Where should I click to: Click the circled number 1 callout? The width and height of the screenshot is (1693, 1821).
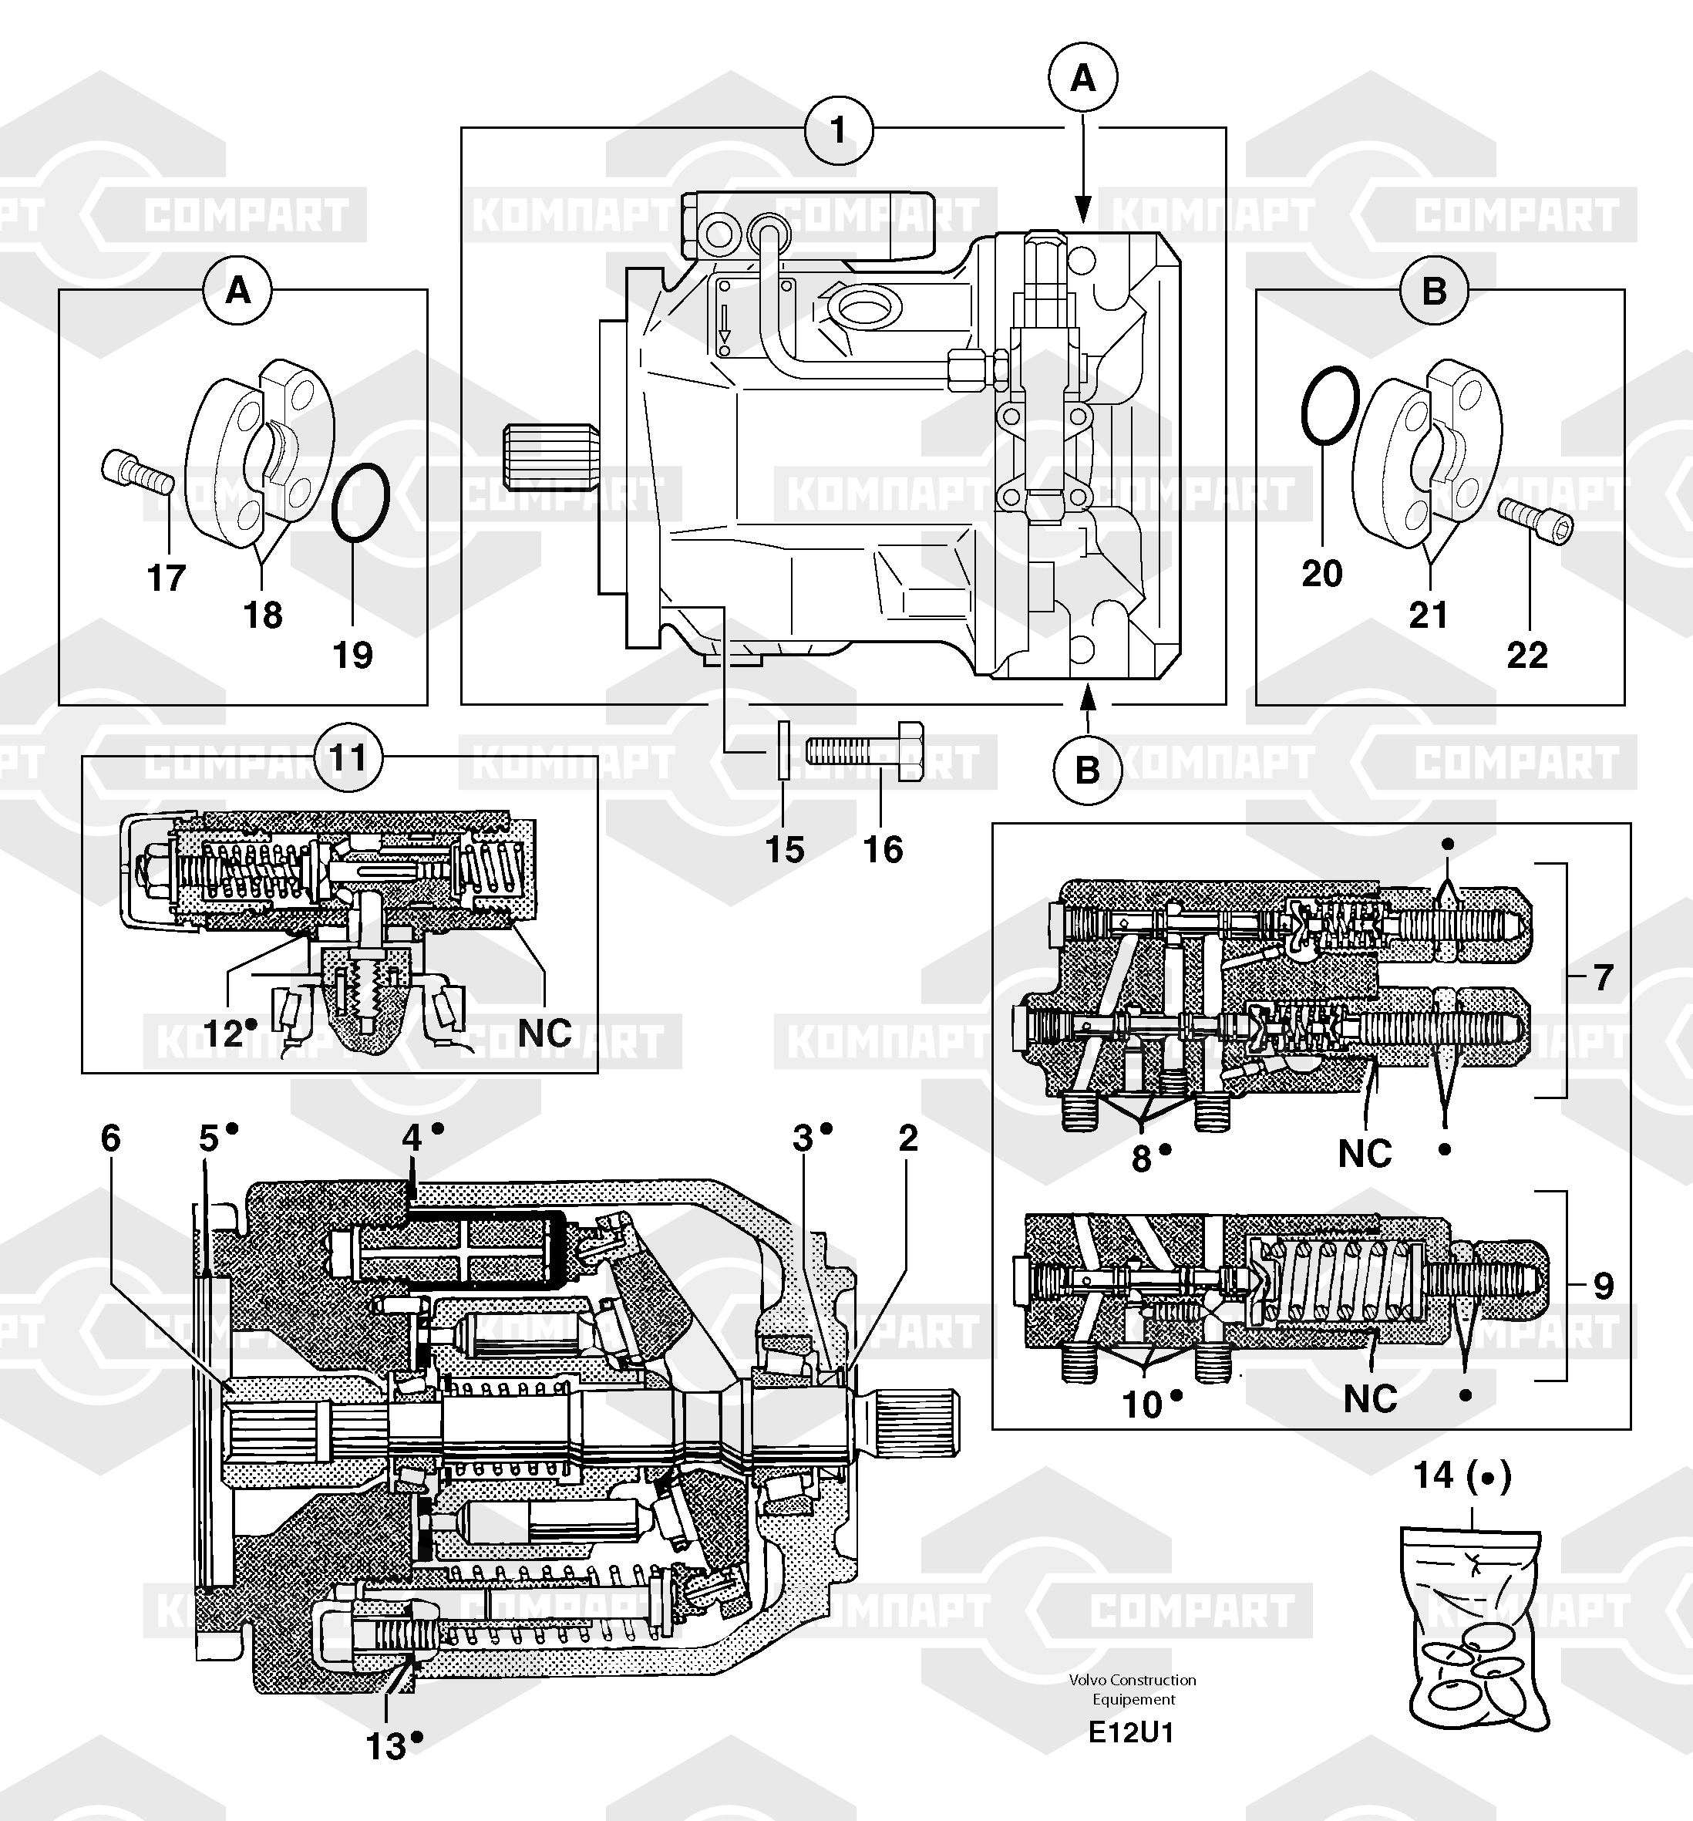pyautogui.click(x=838, y=130)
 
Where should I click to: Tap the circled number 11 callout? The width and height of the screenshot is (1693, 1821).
pyautogui.click(x=347, y=757)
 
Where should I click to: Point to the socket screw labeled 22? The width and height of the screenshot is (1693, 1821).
pyautogui.click(x=1537, y=521)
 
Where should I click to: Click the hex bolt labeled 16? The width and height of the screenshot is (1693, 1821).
pyautogui.click(x=864, y=752)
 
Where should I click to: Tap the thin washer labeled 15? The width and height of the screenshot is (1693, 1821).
pyautogui.click(x=782, y=750)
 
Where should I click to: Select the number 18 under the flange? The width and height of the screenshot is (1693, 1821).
pyautogui.click(x=263, y=615)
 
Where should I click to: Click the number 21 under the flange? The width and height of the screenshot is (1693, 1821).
pyautogui.click(x=1429, y=615)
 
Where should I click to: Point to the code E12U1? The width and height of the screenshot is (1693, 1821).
pyautogui.click(x=1131, y=1732)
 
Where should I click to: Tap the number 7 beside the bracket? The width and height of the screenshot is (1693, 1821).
pyautogui.click(x=1601, y=978)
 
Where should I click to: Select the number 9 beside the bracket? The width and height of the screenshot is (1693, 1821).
pyautogui.click(x=1602, y=1286)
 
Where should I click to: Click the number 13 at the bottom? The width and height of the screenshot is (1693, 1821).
pyautogui.click(x=386, y=1747)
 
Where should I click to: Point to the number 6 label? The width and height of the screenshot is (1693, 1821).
pyautogui.click(x=111, y=1138)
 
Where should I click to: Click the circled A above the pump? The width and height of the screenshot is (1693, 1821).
pyautogui.click(x=1083, y=79)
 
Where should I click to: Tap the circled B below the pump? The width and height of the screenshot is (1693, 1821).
pyautogui.click(x=1087, y=770)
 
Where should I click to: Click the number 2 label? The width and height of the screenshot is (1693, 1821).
pyautogui.click(x=907, y=1138)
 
